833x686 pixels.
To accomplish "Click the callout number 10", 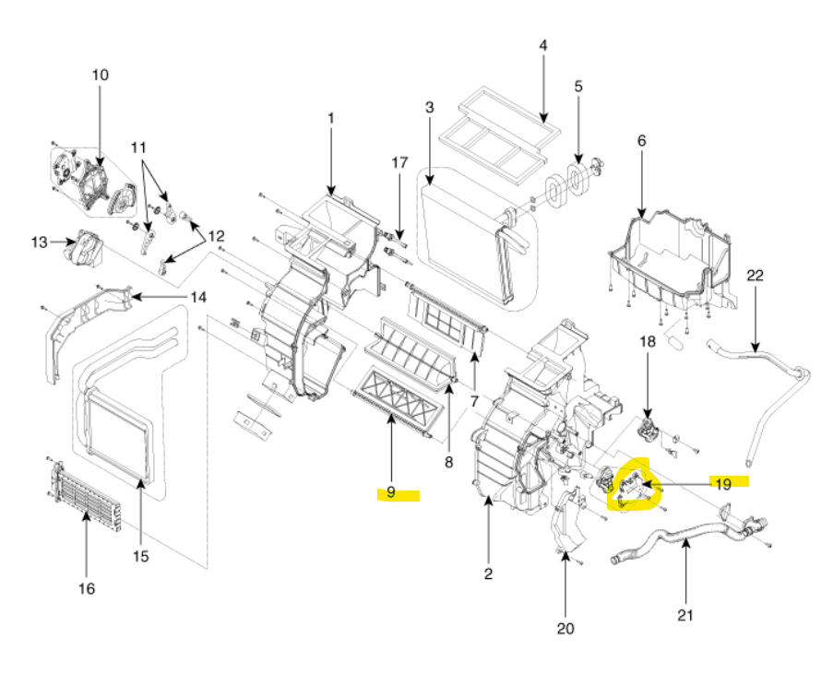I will pos(100,75).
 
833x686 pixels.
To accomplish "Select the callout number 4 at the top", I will pos(542,44).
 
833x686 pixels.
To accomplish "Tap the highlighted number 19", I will pos(723,482).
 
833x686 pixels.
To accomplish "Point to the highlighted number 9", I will pos(391,492).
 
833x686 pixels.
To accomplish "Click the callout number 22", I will pos(756,275).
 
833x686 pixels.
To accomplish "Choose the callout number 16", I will pos(86,587).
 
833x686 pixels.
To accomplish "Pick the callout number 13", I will pos(39,242).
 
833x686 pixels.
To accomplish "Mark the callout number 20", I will pos(565,629).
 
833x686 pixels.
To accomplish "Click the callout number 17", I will pos(399,162).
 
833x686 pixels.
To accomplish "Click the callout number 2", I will pos(488,574).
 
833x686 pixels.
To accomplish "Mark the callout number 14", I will pos(199,297).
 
